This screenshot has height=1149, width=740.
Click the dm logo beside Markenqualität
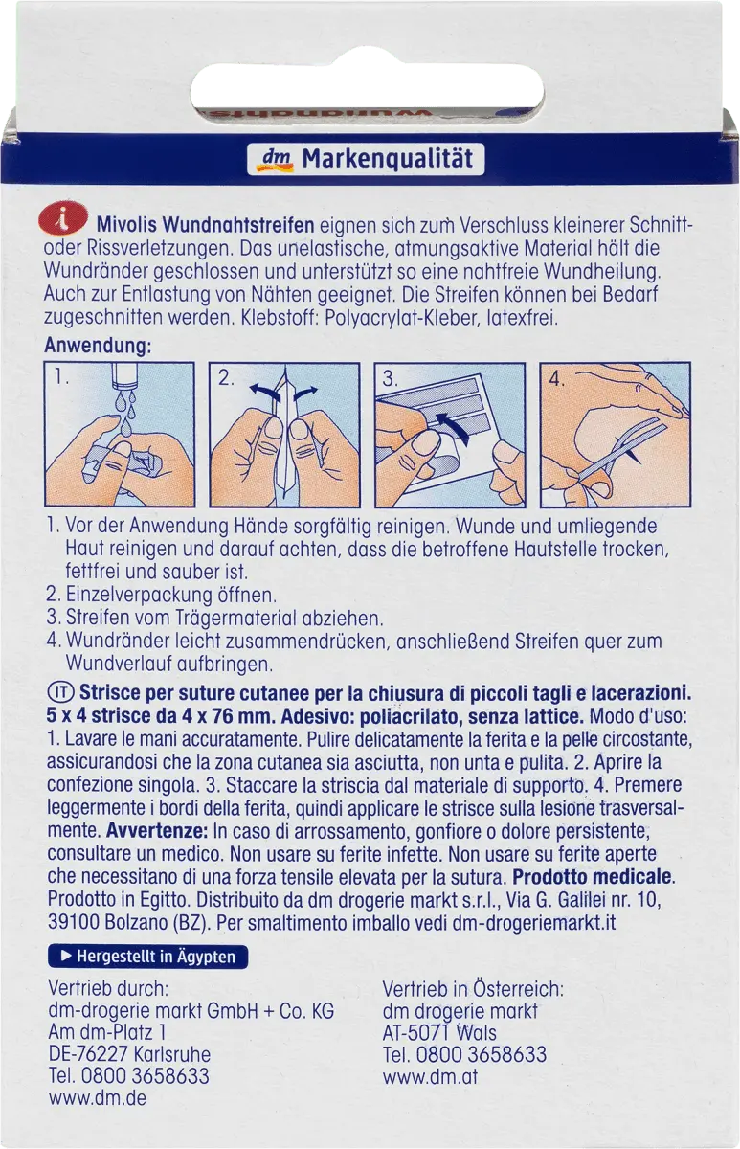click(x=277, y=159)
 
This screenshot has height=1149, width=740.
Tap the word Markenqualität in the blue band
click(x=387, y=159)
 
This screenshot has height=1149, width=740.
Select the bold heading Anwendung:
click(x=98, y=346)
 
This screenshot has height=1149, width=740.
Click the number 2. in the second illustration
click(x=227, y=378)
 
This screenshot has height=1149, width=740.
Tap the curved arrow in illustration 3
click(x=452, y=428)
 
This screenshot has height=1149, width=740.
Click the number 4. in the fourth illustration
click(x=557, y=378)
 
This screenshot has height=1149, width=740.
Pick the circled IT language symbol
click(x=61, y=692)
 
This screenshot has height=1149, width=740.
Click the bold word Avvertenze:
click(x=157, y=830)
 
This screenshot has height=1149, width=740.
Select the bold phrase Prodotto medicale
click(x=594, y=877)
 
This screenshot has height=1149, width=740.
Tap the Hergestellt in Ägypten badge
click(x=147, y=957)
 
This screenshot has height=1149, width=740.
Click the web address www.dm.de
click(x=98, y=1097)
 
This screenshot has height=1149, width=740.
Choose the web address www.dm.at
click(x=430, y=1076)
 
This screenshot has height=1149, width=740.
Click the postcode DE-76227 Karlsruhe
click(x=129, y=1054)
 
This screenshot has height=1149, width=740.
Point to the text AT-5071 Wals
click(x=439, y=1032)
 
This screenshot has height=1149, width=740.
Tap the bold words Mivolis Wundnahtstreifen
click(x=205, y=225)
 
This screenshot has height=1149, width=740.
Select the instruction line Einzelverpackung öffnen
click(x=171, y=595)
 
